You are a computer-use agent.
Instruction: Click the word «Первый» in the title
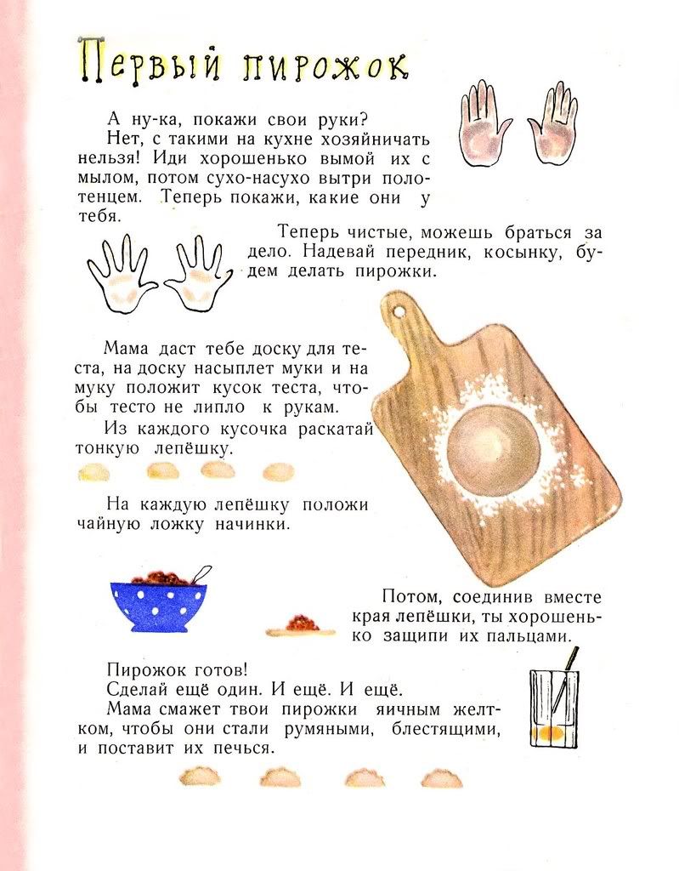pyautogui.click(x=149, y=61)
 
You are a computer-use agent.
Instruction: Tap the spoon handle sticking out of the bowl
pyautogui.click(x=201, y=574)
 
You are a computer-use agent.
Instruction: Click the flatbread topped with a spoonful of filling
pyautogui.click(x=300, y=626)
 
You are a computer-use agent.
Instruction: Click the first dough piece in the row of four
pyautogui.click(x=93, y=473)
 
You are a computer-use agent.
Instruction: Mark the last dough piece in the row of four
pyautogui.click(x=278, y=471)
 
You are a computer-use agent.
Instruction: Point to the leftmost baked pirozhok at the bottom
pyautogui.click(x=200, y=776)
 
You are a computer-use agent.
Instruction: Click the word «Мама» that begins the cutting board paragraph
pyautogui.click(x=126, y=349)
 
